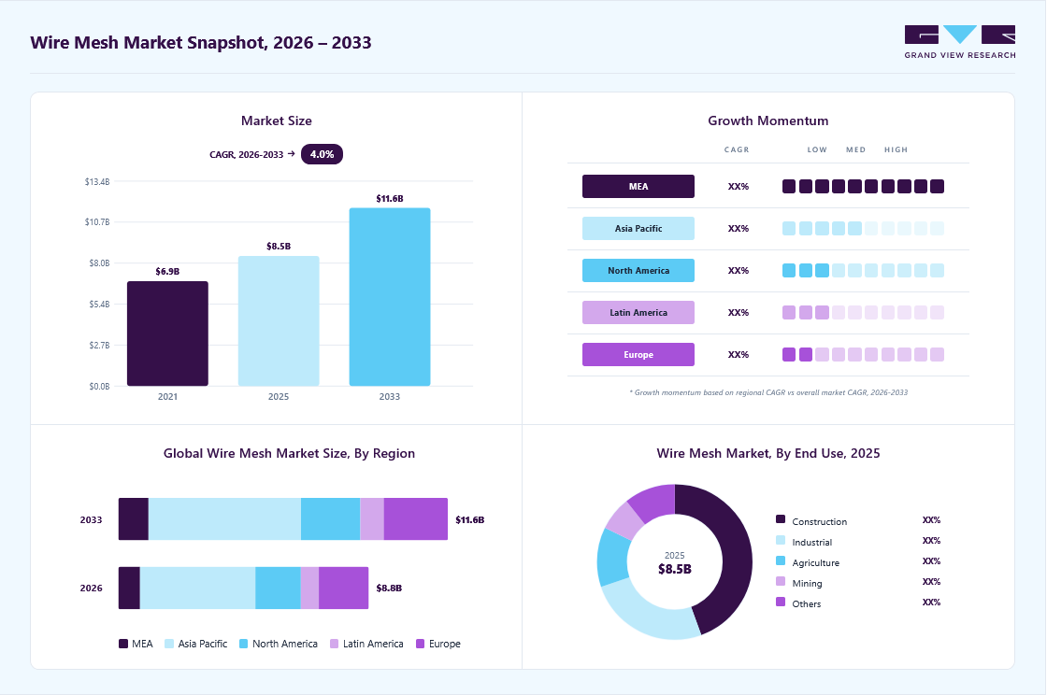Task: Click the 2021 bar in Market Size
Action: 167,333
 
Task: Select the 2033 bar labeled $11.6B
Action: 390,297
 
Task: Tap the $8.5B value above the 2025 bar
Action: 279,246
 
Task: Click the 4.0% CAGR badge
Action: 322,154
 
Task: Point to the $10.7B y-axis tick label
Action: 97,222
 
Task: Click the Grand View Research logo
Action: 960,42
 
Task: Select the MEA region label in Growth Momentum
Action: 638,187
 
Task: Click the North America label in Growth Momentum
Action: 638,271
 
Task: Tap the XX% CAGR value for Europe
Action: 739,355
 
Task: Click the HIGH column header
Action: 896,150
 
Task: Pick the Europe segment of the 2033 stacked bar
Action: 416,519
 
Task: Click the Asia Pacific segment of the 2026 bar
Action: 197,589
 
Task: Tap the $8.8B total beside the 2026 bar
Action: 389,589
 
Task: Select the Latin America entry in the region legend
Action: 366,644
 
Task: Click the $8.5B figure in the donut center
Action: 675,569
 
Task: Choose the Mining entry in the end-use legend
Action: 799,583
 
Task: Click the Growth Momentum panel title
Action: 768,121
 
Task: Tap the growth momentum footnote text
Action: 768,392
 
